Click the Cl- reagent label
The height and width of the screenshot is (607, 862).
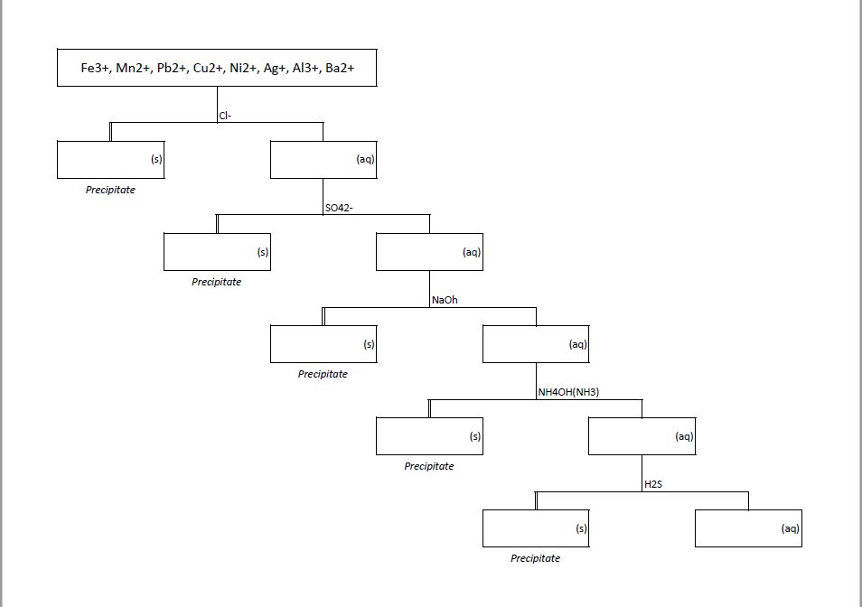pyautogui.click(x=225, y=116)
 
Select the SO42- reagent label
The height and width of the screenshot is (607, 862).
pyautogui.click(x=339, y=208)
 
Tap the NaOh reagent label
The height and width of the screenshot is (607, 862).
pyautogui.click(x=445, y=300)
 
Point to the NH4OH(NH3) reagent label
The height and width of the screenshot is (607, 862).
pyautogui.click(x=568, y=392)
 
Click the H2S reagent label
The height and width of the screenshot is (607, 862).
pyautogui.click(x=653, y=484)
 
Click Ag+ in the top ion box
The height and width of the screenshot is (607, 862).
pyautogui.click(x=275, y=69)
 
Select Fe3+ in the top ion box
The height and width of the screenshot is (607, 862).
pyautogui.click(x=95, y=69)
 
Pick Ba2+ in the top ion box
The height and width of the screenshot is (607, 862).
pyautogui.click(x=340, y=69)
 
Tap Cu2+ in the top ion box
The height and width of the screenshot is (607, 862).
pyautogui.click(x=208, y=69)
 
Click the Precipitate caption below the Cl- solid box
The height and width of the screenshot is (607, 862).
pyautogui.click(x=110, y=190)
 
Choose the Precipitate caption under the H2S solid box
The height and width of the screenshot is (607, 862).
pyautogui.click(x=535, y=558)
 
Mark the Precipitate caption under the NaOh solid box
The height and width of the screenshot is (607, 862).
pyautogui.click(x=323, y=374)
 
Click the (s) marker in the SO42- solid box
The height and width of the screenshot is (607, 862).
pyautogui.click(x=263, y=252)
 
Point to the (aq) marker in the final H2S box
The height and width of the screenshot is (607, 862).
pyautogui.click(x=791, y=528)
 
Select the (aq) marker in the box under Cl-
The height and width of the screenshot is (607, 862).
pyautogui.click(x=365, y=159)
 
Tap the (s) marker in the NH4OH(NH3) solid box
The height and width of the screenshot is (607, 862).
pyautogui.click(x=475, y=436)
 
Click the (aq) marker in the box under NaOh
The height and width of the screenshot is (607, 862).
pyautogui.click(x=578, y=344)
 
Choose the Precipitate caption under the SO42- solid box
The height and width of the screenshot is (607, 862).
pyautogui.click(x=217, y=282)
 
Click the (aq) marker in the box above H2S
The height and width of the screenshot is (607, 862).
pyautogui.click(x=684, y=436)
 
